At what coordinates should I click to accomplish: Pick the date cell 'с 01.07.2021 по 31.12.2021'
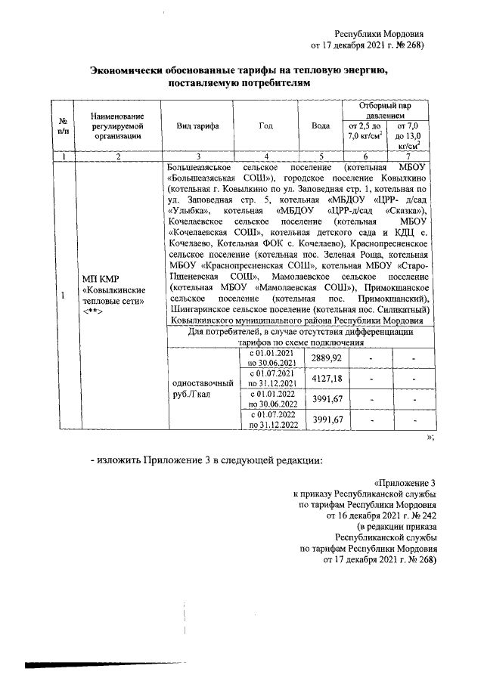[269, 378]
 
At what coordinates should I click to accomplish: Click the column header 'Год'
[265, 125]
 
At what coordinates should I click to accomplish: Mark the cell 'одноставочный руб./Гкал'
[197, 388]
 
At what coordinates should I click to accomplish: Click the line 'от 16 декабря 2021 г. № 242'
[380, 515]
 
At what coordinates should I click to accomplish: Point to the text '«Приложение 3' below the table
[405, 482]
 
